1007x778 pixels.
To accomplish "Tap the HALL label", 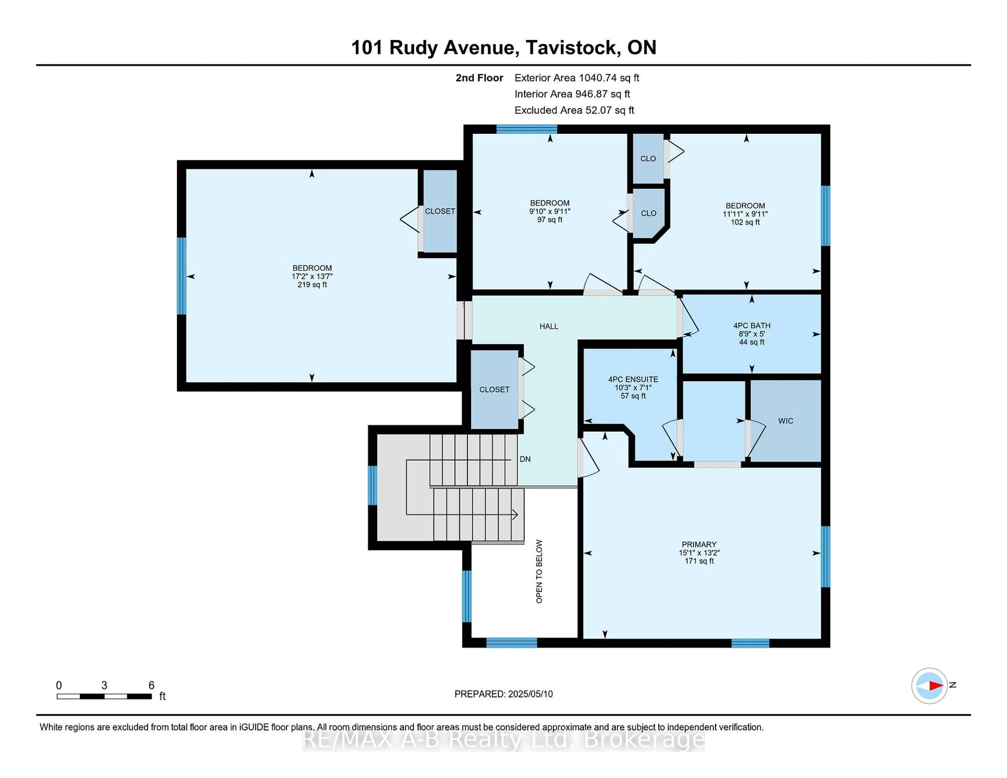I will (x=549, y=326).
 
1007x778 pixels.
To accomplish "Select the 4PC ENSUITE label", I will (x=633, y=379).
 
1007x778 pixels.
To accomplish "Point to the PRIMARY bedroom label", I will (x=699, y=544).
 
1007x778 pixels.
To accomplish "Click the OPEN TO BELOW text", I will (x=539, y=571).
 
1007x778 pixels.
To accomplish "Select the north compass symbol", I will (x=929, y=685).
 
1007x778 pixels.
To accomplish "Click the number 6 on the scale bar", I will (x=151, y=685).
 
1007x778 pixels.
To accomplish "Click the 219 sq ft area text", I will (x=312, y=285).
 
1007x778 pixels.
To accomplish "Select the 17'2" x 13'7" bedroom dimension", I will (x=312, y=277).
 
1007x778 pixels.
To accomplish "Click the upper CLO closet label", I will (x=648, y=159).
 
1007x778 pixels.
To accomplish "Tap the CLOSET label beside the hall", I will (x=494, y=390).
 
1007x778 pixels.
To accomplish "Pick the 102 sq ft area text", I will (x=745, y=222).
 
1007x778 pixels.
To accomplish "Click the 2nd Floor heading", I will (x=479, y=78).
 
